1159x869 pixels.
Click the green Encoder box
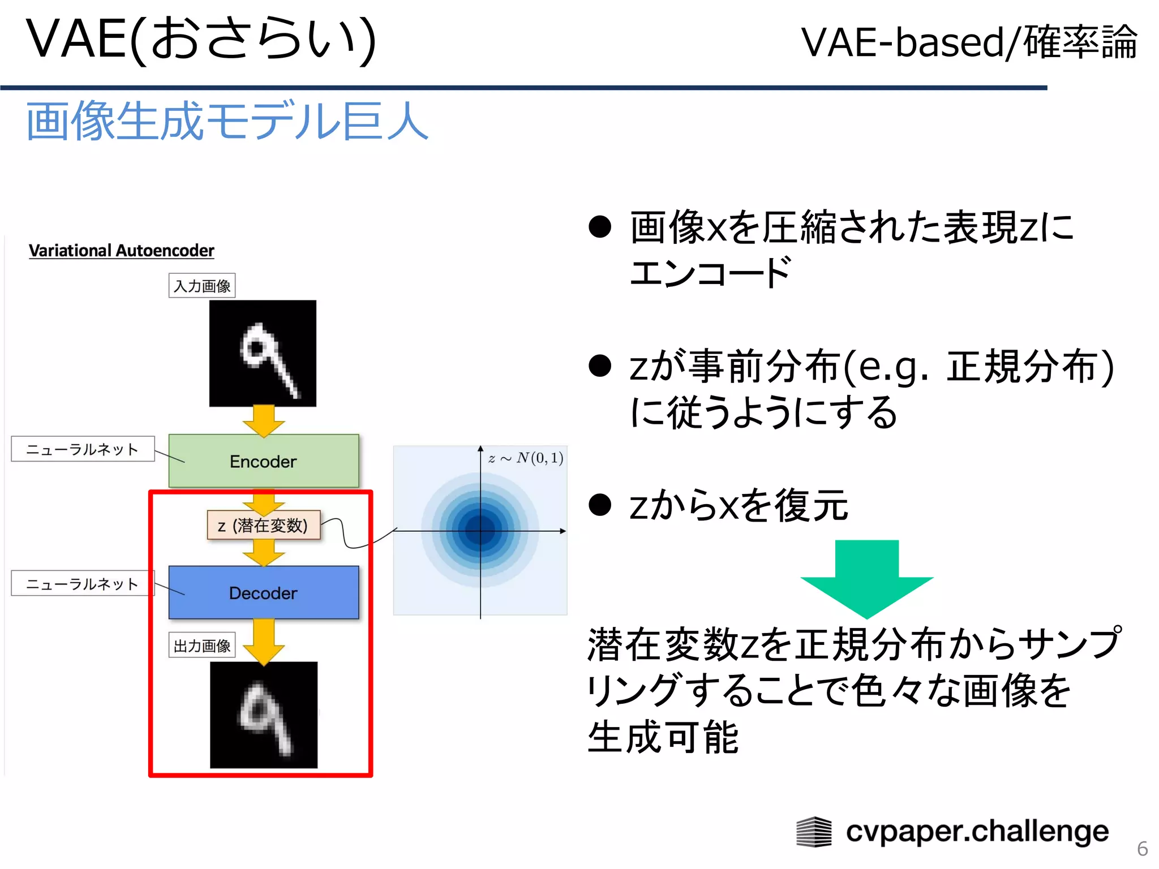(x=264, y=461)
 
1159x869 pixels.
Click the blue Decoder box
(x=264, y=592)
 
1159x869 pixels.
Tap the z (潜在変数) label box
(x=264, y=525)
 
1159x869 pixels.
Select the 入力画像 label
(x=202, y=286)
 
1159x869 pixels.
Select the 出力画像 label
(x=202, y=646)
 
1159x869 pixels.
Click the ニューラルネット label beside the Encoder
(x=83, y=449)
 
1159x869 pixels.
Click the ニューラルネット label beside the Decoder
(x=83, y=583)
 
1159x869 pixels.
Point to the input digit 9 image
(x=263, y=354)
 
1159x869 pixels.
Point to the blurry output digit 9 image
(x=264, y=715)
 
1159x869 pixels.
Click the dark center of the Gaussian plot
(x=480, y=530)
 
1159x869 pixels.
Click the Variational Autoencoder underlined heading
(x=121, y=251)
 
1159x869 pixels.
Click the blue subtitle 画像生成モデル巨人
(x=226, y=121)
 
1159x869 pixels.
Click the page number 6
(x=1142, y=849)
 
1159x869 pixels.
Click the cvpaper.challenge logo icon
(x=814, y=832)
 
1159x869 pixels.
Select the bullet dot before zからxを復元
(x=600, y=505)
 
